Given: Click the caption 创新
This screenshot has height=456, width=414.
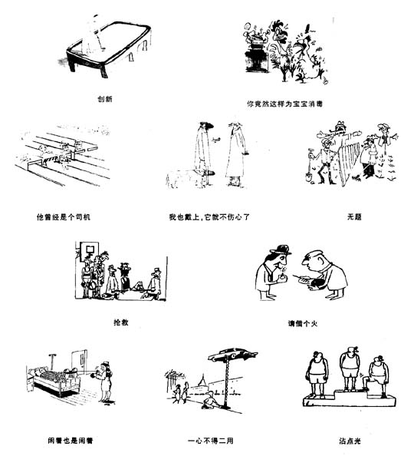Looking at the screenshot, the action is [x=105, y=99].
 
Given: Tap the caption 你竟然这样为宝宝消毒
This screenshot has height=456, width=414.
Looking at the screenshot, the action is [x=284, y=104].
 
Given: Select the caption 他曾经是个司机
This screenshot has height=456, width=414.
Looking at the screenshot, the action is [x=64, y=217].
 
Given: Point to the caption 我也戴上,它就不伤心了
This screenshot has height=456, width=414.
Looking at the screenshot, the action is [x=209, y=217].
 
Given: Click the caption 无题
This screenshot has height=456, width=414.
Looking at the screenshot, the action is [x=354, y=216].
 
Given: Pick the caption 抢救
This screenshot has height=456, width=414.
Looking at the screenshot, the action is [x=121, y=322].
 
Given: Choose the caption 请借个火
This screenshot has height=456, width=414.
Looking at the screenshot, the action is [x=303, y=323].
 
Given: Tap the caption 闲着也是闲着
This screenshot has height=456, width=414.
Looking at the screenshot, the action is [x=71, y=441].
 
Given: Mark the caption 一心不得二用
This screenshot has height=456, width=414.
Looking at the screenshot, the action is [x=211, y=441].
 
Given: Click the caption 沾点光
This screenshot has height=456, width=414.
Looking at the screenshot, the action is [x=350, y=441].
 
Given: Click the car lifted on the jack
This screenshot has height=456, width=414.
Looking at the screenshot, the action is [x=232, y=354].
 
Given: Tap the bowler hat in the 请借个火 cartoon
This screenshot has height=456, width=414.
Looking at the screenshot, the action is [x=281, y=249].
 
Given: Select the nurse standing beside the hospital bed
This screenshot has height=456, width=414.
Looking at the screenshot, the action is [x=104, y=382].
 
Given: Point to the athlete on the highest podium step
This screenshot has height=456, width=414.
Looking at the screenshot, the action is [x=350, y=368].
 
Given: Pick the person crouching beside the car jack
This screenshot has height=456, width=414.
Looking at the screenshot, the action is [x=209, y=400].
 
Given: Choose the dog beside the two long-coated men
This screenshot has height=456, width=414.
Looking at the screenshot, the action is [x=179, y=178].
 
